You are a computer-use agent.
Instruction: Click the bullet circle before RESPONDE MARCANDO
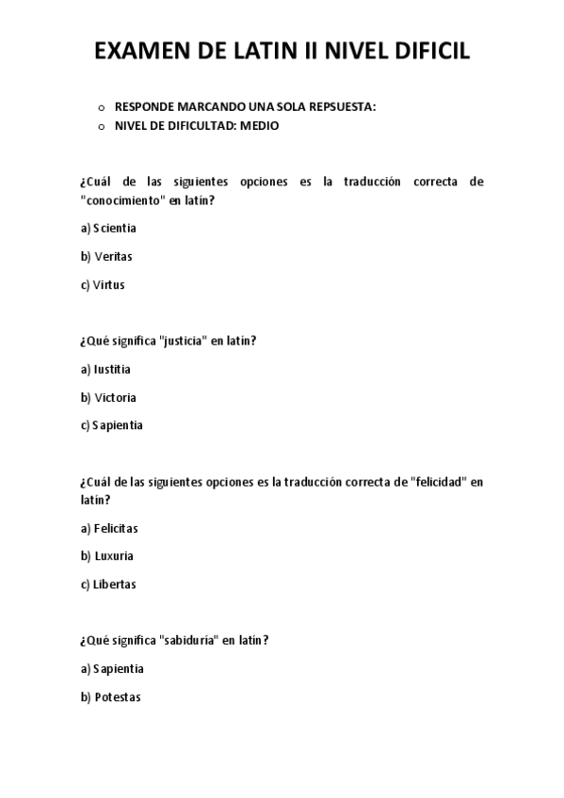click(x=101, y=107)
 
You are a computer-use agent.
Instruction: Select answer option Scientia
click(x=114, y=229)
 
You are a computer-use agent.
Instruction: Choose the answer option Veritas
click(x=113, y=256)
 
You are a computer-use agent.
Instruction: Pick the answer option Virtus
click(x=108, y=284)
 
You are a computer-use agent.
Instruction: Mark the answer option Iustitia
click(x=112, y=369)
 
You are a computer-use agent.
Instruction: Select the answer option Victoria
click(x=115, y=397)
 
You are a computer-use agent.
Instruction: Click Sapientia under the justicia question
click(x=118, y=425)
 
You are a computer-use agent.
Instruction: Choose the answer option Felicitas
click(x=116, y=529)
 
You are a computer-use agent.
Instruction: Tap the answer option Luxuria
click(x=114, y=556)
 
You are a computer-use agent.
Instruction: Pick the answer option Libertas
click(x=115, y=584)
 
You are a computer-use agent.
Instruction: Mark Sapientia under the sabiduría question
click(x=118, y=669)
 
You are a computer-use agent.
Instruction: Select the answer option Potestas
click(x=117, y=697)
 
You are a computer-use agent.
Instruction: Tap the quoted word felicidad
click(x=440, y=482)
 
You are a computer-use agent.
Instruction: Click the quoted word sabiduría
click(x=189, y=641)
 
